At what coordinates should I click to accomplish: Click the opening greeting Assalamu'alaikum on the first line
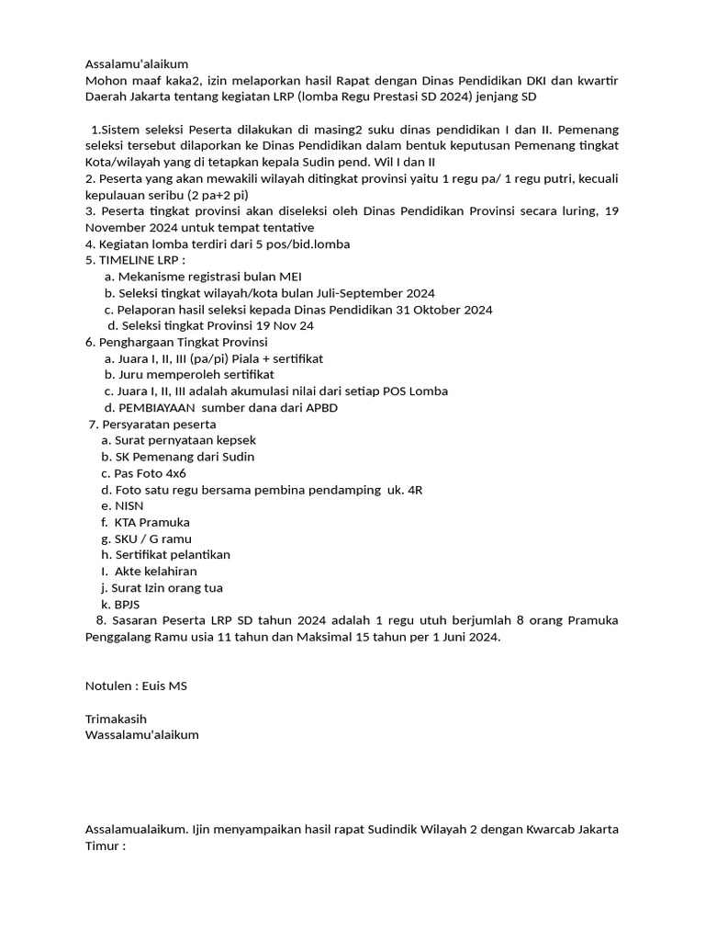(137, 64)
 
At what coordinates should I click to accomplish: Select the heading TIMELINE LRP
(141, 260)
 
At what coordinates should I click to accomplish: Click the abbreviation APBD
(334, 407)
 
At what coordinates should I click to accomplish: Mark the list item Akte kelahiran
(155, 572)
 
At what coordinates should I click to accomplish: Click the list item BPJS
(127, 605)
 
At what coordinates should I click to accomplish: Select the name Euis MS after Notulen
(166, 686)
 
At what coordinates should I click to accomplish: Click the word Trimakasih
(116, 719)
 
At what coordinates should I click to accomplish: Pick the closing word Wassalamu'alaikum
(141, 735)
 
